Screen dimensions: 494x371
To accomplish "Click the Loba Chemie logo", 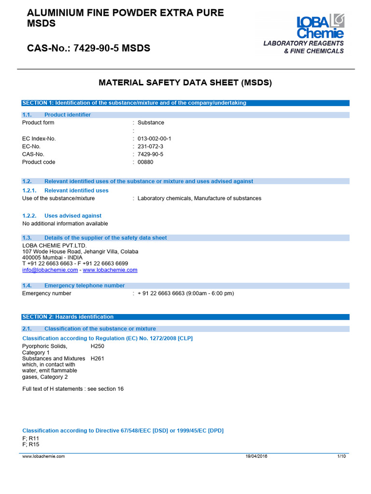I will click(x=320, y=26).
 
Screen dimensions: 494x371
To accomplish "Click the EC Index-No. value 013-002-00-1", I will click(x=154, y=138).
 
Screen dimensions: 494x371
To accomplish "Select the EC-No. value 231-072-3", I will click(x=150, y=146).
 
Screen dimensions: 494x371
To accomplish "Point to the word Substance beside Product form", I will click(x=151, y=123).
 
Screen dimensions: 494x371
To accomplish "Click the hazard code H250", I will click(x=97, y=346).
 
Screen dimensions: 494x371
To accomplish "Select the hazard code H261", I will click(x=97, y=358).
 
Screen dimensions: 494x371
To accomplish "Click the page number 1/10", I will click(x=341, y=456).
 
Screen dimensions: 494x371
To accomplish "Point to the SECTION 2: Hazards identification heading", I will click(x=68, y=317).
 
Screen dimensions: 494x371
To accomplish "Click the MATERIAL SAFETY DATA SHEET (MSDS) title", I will click(x=185, y=83).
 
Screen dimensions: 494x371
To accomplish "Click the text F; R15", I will click(x=31, y=444).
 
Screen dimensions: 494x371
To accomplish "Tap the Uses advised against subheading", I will click(x=72, y=216).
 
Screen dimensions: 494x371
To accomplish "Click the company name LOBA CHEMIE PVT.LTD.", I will click(x=55, y=246).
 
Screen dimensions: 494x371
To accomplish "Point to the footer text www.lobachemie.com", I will click(x=43, y=456).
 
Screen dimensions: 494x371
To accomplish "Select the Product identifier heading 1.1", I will click(x=67, y=115).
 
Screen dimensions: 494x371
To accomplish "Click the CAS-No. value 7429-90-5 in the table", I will click(x=150, y=154).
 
